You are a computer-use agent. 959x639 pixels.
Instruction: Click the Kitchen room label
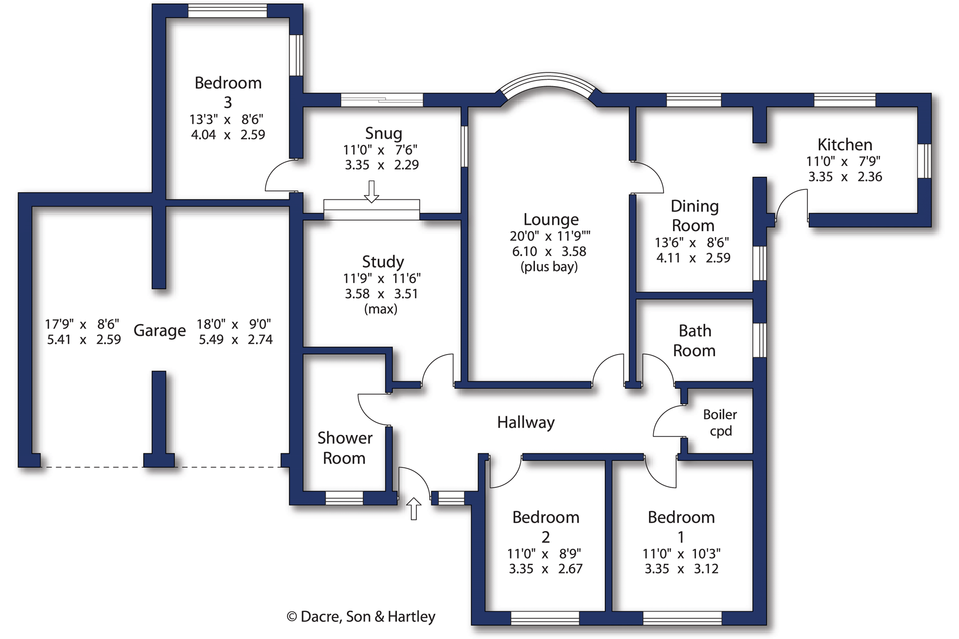(x=844, y=145)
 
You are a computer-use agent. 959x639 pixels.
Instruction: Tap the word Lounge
(x=550, y=220)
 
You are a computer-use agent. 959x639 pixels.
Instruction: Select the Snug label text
(x=383, y=133)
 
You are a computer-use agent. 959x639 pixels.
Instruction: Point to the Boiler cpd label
(x=720, y=423)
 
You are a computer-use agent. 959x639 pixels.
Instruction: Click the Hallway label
(x=526, y=423)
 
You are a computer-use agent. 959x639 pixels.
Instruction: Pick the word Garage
(x=160, y=331)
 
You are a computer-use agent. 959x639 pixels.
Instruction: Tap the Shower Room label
(x=345, y=448)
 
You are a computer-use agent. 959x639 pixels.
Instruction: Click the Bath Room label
(x=695, y=340)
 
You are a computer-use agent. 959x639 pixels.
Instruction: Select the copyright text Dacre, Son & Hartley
(x=361, y=617)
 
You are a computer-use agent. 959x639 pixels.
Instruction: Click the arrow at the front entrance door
(x=414, y=508)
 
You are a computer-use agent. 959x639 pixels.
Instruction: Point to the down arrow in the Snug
(x=371, y=192)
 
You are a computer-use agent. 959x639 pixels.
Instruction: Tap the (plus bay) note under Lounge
(x=549, y=267)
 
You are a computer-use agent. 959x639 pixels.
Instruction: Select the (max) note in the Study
(x=381, y=309)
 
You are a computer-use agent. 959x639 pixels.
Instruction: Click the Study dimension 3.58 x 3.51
(x=381, y=294)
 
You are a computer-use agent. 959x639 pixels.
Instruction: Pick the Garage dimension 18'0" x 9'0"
(x=234, y=324)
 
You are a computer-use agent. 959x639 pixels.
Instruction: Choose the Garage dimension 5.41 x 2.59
(x=84, y=340)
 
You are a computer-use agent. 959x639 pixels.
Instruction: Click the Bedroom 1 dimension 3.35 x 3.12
(x=681, y=569)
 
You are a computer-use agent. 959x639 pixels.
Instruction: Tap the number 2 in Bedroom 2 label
(x=545, y=537)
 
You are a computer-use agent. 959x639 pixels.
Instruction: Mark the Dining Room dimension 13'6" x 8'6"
(x=692, y=243)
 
